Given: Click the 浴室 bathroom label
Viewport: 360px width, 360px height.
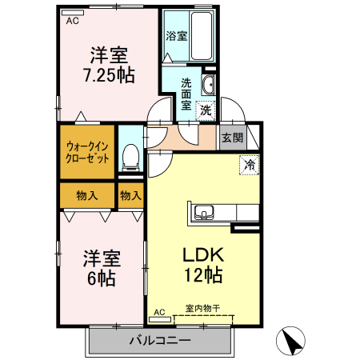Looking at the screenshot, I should click(x=176, y=35).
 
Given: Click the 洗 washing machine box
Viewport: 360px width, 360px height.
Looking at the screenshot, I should click(x=206, y=110).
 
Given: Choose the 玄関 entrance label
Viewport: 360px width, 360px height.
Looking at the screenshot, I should click(x=232, y=137).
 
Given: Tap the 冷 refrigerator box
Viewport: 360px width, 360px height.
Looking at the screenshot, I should click(x=250, y=166).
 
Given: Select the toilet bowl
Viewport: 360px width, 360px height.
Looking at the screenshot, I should click(x=130, y=155).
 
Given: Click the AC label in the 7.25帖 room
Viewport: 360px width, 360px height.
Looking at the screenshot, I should click(x=73, y=22).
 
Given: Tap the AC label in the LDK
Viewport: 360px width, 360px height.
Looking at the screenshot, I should click(x=159, y=311).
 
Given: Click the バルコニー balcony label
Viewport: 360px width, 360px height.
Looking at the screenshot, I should click(x=159, y=341).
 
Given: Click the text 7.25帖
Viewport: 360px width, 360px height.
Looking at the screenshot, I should click(x=110, y=77).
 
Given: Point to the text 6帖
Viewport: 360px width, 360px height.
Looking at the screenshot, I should click(x=102, y=279).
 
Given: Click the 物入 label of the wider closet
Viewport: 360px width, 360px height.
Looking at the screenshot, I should click(x=86, y=194).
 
